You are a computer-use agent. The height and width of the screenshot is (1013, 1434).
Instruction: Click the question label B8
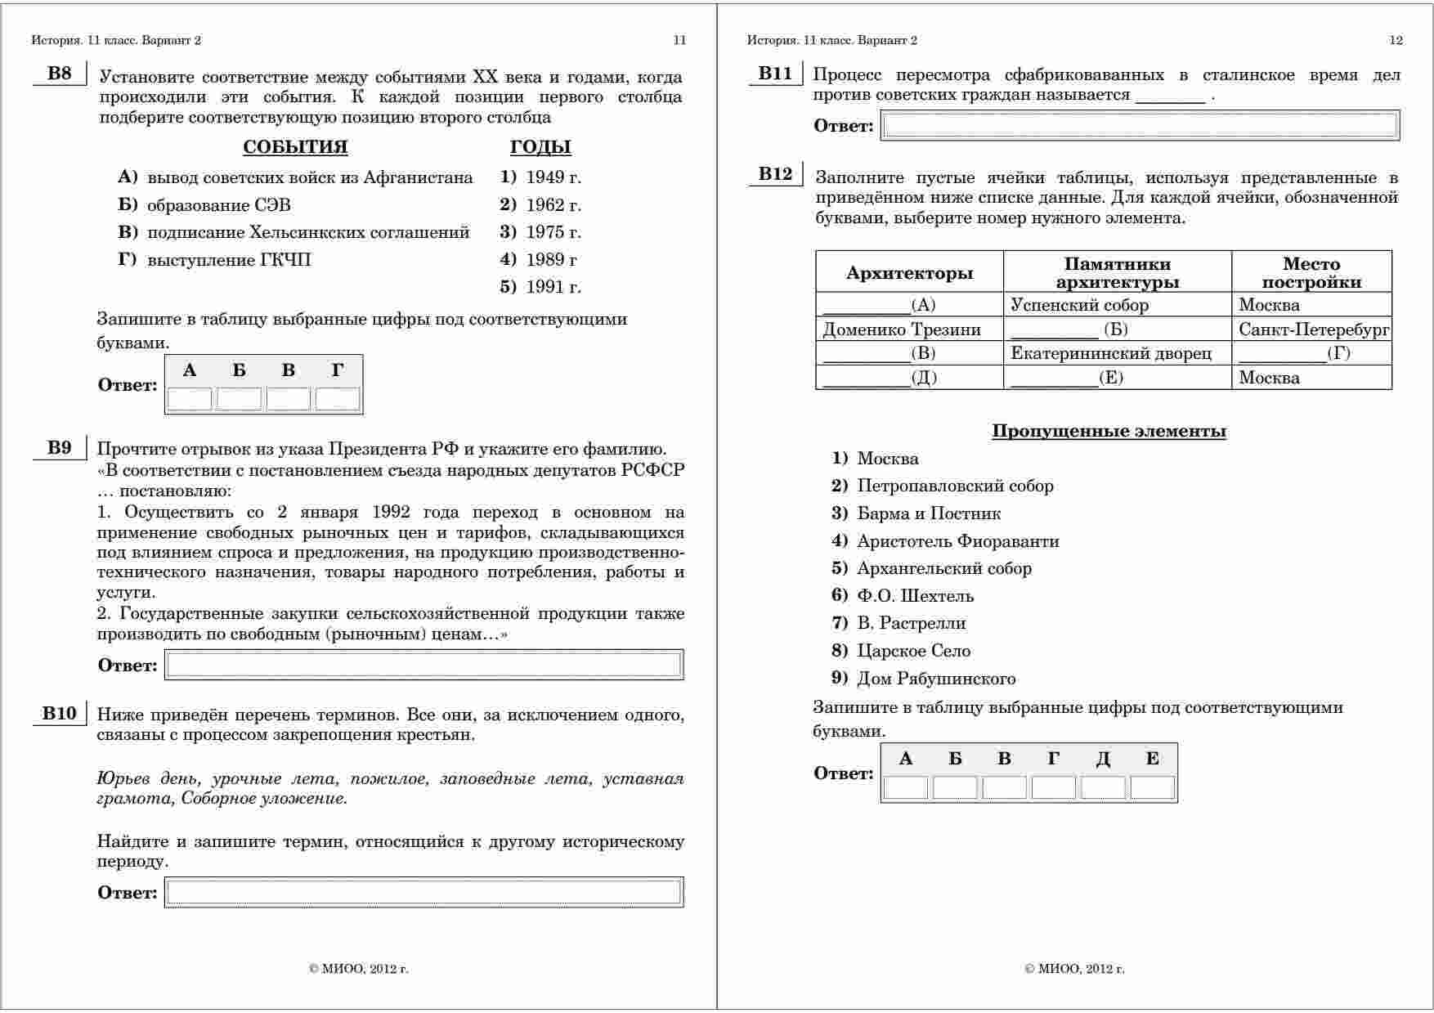pos(59,74)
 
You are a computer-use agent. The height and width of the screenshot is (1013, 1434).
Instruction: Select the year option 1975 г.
pos(552,232)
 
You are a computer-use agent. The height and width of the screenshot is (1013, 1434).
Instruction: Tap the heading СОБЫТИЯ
pos(295,147)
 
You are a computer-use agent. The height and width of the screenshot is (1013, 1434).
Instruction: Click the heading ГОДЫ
pos(540,147)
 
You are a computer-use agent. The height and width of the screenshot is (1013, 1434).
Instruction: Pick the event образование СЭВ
pos(218,205)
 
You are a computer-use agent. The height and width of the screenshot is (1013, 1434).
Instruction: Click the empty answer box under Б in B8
pos(239,399)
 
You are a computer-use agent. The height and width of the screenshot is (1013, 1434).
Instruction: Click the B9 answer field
pos(423,665)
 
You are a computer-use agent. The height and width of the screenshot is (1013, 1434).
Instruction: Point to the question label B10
pos(59,714)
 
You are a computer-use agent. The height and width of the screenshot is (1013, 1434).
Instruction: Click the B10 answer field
pos(423,892)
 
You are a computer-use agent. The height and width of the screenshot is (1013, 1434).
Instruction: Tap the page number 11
pos(679,40)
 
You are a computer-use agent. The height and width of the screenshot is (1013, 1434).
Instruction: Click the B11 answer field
pos(1140,125)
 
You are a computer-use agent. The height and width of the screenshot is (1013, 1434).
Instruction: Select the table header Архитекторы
pos(909,273)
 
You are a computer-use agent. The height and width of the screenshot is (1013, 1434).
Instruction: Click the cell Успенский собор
pos(1079,305)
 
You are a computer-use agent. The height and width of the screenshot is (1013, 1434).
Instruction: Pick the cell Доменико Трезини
pos(901,329)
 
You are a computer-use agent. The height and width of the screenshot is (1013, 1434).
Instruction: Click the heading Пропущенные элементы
pos(1109,431)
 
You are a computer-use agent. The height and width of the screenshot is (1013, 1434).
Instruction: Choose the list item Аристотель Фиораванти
pos(957,541)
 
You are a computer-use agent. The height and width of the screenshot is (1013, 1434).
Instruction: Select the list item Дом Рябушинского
pos(935,679)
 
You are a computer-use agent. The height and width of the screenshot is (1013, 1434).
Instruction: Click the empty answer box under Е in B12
pos(1152,787)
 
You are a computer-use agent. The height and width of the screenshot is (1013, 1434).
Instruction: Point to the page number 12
pos(1396,40)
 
